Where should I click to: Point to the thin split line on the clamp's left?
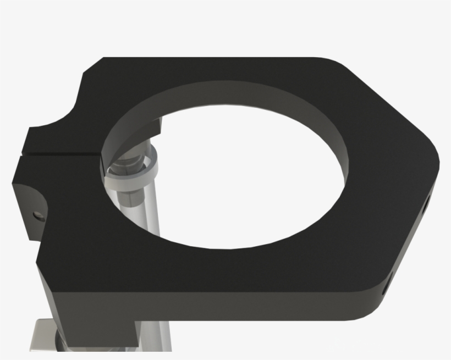pos(61,149)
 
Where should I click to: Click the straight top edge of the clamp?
pos(220,58)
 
